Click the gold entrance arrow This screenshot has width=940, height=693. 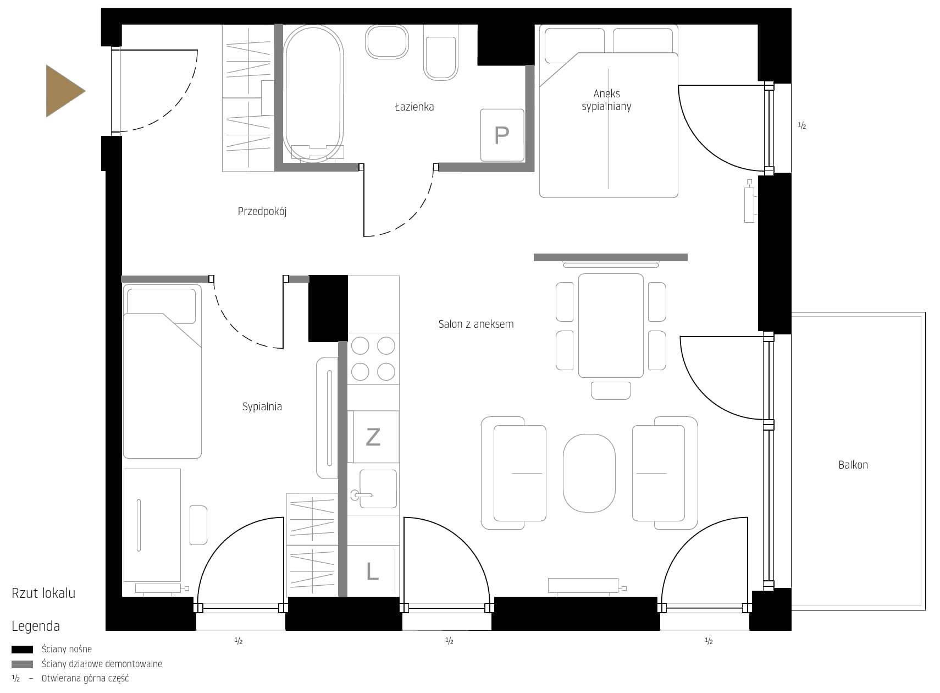point(63,91)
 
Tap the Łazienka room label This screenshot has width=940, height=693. point(414,107)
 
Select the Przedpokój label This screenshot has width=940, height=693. point(262,212)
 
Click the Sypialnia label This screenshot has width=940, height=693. point(262,406)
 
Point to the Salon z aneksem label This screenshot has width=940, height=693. point(476,324)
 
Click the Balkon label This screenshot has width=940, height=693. point(853,465)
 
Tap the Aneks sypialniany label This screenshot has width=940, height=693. point(606,100)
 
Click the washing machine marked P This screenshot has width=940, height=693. point(502,135)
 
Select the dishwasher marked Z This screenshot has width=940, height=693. point(373,437)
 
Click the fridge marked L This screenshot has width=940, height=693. point(373,570)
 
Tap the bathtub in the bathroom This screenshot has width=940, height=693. point(313,94)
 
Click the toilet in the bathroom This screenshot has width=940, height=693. point(440,53)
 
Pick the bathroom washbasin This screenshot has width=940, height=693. point(387,42)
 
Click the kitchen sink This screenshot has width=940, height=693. point(378,488)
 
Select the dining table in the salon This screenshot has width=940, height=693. point(611,326)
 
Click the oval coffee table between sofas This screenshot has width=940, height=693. point(589,473)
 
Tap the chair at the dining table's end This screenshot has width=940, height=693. point(611,391)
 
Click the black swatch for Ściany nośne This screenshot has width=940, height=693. point(22,650)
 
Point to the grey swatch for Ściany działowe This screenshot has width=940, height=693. point(22,664)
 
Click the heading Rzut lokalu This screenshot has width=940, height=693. point(43,593)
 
